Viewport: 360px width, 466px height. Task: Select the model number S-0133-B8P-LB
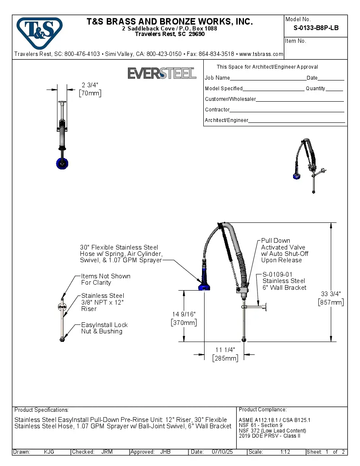(x=316, y=29)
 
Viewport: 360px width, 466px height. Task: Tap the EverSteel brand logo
(x=162, y=73)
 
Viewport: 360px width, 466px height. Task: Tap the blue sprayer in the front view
(x=62, y=164)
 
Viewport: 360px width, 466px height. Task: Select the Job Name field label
(x=217, y=78)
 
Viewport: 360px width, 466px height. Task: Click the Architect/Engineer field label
(x=226, y=120)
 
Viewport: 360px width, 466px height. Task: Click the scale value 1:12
(x=285, y=452)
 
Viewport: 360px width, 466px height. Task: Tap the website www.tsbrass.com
(x=261, y=54)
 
